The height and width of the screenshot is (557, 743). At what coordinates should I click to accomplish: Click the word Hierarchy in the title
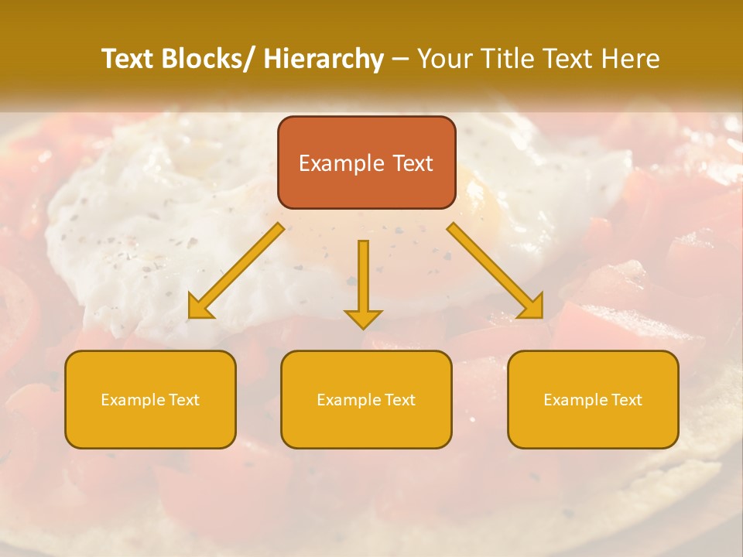pos(324,59)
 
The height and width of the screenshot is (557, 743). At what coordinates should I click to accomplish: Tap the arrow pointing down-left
pos(236,271)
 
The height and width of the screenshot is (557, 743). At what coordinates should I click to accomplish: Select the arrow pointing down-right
pos(495,271)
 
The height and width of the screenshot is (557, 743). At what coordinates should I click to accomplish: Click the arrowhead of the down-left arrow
pos(200,308)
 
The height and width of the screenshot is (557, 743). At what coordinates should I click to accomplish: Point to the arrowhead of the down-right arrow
pos(532,308)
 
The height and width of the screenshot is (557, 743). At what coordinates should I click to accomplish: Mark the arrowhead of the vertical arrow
pos(363,317)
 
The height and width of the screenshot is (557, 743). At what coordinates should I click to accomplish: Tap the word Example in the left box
pos(132,400)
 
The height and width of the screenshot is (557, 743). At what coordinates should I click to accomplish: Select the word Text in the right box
pos(627,400)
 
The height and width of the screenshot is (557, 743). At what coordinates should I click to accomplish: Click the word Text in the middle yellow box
pos(400,400)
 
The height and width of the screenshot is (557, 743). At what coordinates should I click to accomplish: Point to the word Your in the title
pos(446,59)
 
